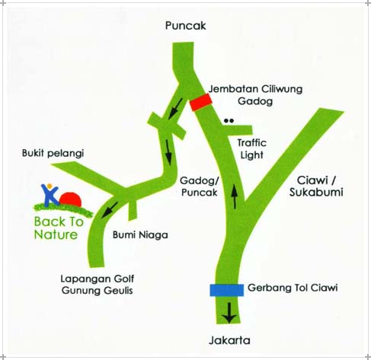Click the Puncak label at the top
pos(185,26)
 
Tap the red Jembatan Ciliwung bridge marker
pos(201,102)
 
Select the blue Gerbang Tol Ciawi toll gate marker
pos(227,290)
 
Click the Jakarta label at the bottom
pos(229,340)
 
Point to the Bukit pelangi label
pos(53,153)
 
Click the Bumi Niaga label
pos(140,235)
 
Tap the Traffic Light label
pos(252,149)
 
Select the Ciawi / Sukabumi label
pos(316,186)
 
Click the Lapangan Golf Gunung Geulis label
pos(98,285)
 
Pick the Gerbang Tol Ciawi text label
pos(293,288)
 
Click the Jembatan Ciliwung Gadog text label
pos(255,95)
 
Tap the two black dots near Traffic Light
pos(229,121)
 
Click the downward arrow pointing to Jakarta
pos(229,313)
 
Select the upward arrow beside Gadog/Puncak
pos(235,196)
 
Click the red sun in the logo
pos(71,199)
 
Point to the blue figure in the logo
pos(50,194)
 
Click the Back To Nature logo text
pos(59,228)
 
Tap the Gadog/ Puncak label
pos(200,186)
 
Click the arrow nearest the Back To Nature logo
pos(110,210)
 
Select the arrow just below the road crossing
pos(168,152)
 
